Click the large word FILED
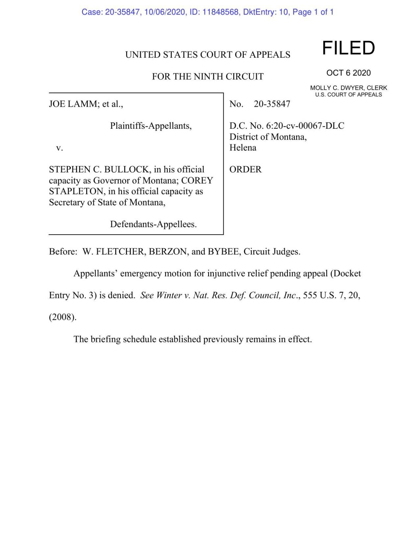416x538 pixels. tap(348, 48)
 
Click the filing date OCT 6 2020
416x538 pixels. tap(348, 73)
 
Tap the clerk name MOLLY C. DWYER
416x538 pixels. tap(337, 88)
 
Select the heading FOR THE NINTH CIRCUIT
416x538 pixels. tap(208, 77)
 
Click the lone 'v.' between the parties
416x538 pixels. tap(59, 148)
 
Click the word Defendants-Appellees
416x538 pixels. tap(153, 224)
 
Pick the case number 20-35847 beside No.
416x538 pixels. tap(272, 104)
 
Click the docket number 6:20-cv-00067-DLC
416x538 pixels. tap(305, 126)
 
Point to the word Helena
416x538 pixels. tap(243, 148)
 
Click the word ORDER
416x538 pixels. tap(245, 169)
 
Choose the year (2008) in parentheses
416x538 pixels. tap(62, 317)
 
